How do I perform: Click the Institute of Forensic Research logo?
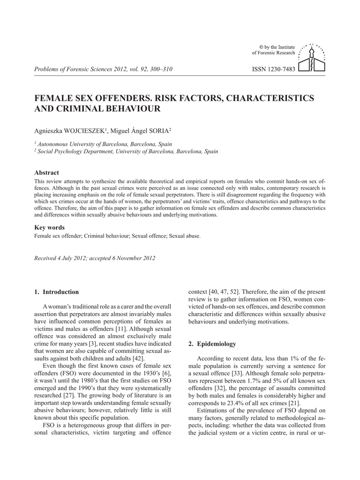click(312, 59)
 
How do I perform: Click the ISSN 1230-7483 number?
click(274, 69)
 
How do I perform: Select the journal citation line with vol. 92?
click(104, 69)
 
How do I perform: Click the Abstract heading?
click(47, 172)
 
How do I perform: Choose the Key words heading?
click(50, 227)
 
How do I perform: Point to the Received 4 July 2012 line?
click(95, 258)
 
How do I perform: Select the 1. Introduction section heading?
click(57, 292)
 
